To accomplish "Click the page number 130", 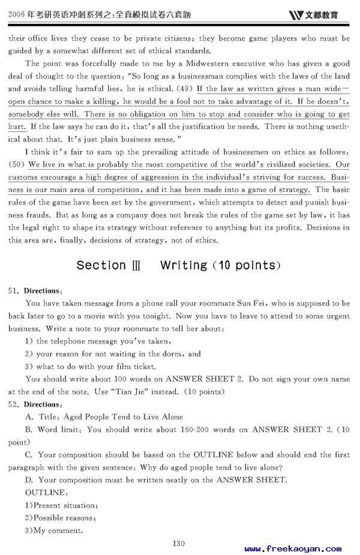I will tap(178, 544).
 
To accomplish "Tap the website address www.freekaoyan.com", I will tap(293, 548).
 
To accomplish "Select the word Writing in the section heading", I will tap(184, 265).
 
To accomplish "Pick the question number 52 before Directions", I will tap(14, 404).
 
